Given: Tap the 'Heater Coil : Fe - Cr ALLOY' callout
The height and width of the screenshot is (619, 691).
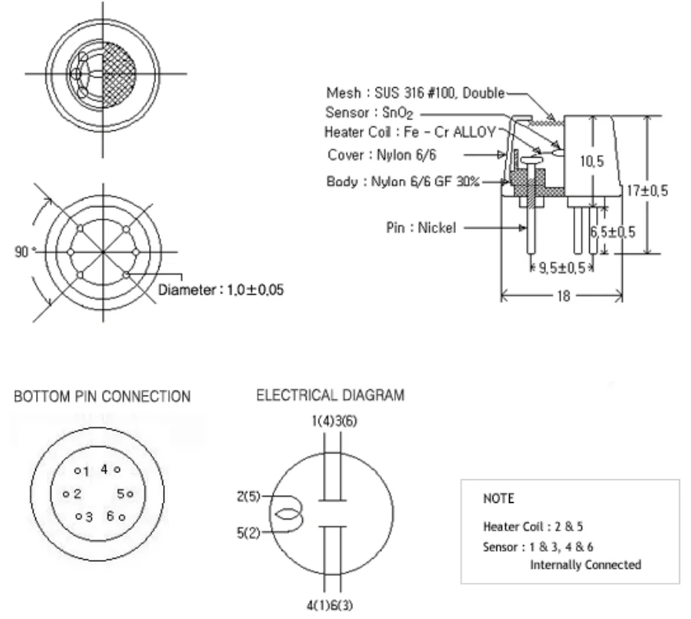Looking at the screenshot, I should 409,133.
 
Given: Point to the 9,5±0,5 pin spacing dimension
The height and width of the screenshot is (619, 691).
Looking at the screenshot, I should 560,268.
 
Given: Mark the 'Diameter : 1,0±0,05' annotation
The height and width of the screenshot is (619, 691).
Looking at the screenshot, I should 220,289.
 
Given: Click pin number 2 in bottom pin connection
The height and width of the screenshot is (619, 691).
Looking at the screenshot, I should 78,493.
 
